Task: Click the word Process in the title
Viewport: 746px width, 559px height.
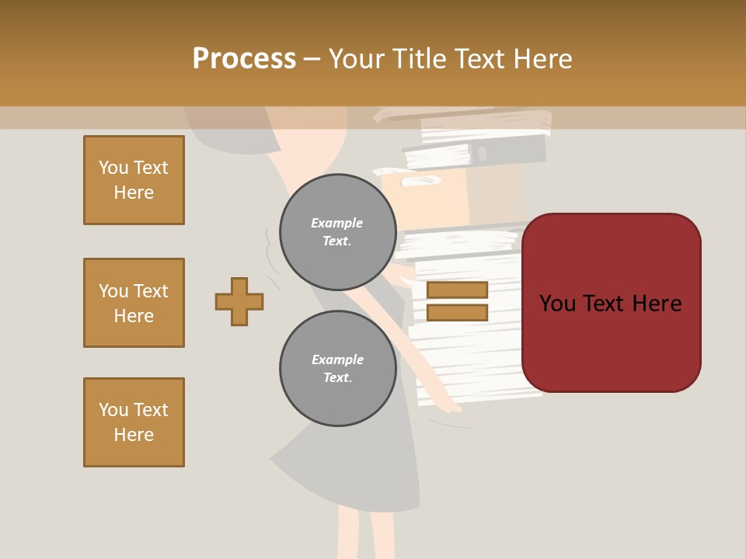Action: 244,59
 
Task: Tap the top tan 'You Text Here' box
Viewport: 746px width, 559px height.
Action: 134,180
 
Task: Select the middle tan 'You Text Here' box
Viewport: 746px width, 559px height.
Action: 134,303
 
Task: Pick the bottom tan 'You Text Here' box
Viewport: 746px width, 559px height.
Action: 134,422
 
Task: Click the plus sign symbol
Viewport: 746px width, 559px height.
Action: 239,301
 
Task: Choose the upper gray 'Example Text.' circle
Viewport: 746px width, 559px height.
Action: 337,232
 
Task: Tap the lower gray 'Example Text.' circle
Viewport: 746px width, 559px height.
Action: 337,369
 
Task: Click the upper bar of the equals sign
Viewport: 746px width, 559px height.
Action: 457,290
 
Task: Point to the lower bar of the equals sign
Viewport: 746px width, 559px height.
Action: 457,312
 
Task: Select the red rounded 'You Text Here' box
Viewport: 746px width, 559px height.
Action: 611,303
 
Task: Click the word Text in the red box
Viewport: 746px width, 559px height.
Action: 611,304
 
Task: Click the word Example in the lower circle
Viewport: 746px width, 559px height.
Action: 337,359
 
